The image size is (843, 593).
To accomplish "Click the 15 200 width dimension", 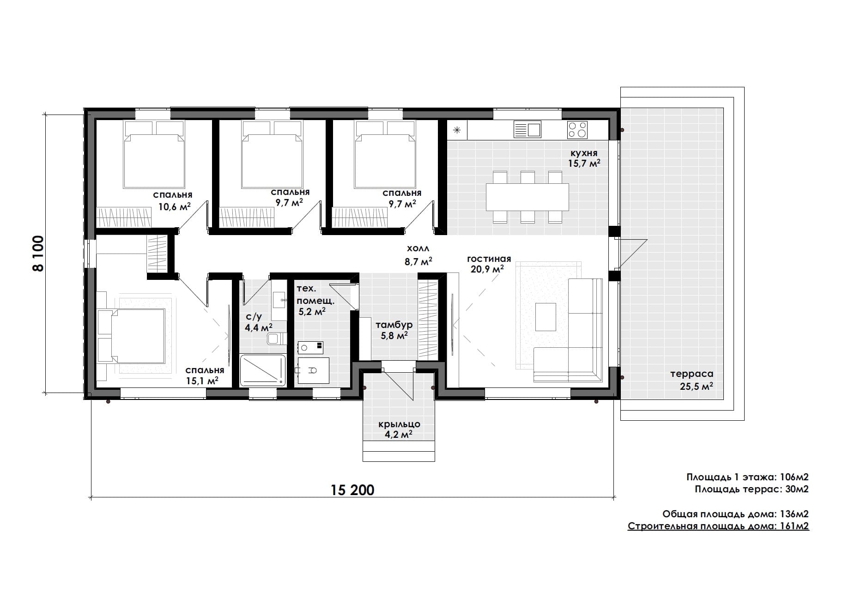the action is (x=352, y=490).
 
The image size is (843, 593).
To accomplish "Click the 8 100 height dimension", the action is (x=38, y=254).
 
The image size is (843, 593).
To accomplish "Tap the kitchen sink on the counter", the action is (x=528, y=130).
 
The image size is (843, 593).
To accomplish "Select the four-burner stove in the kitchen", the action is (x=577, y=130).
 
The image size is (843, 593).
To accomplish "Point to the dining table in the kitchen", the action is (x=527, y=197).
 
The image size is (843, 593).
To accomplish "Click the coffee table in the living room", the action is (x=546, y=317).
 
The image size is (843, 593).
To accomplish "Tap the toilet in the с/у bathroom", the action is (x=276, y=339).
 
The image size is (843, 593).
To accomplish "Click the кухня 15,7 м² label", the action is (x=584, y=158).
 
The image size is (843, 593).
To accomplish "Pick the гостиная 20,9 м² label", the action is (x=489, y=264).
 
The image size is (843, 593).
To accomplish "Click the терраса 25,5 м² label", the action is (x=692, y=380).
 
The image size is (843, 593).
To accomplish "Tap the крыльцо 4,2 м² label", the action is (x=399, y=430).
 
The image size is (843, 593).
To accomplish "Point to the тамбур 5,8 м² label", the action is (x=394, y=330).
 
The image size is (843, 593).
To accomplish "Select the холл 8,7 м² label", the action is (x=418, y=255).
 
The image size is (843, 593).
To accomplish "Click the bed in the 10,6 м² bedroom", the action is (x=154, y=155).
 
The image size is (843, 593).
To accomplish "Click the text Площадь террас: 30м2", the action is (x=752, y=489).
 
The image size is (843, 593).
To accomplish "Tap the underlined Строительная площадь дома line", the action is (x=718, y=526).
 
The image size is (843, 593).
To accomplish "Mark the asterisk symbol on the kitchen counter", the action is (x=457, y=130).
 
